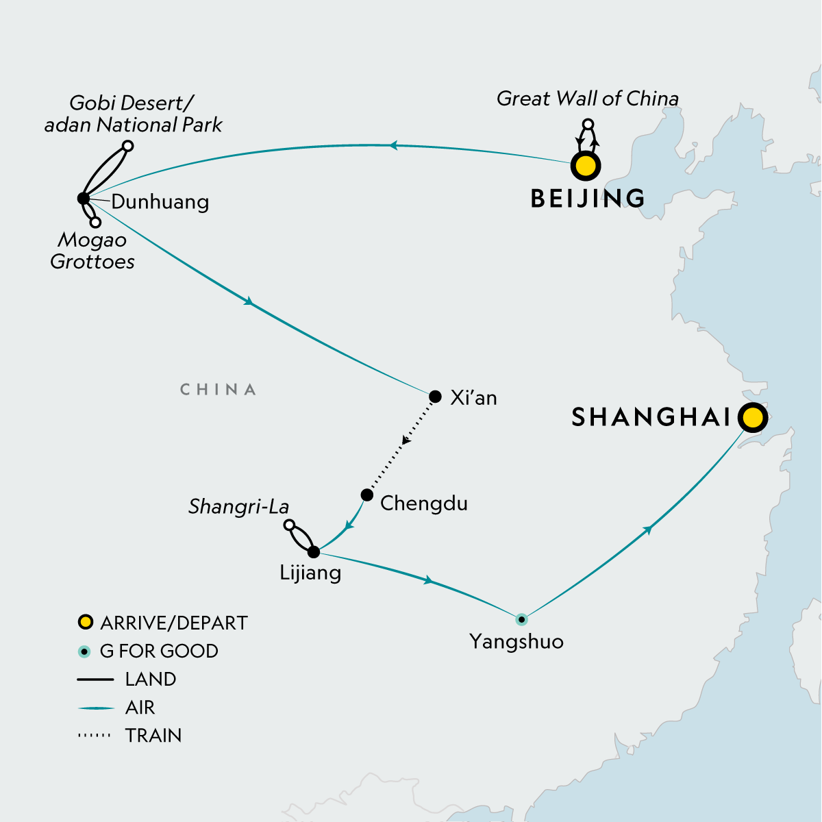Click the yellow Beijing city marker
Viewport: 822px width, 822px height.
tap(586, 166)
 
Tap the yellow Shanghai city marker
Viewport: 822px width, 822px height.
tap(752, 416)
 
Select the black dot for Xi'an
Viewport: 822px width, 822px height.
tap(435, 397)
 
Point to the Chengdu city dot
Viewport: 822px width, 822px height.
tap(367, 495)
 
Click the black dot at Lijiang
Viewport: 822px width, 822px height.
tap(314, 552)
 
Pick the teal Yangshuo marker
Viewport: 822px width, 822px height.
tap(521, 619)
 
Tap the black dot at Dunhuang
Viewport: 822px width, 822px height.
tap(84, 199)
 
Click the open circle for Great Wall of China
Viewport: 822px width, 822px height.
tap(587, 125)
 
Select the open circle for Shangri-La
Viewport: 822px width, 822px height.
tap(289, 525)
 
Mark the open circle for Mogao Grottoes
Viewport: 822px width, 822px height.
tap(96, 223)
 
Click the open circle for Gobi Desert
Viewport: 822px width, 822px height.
tap(127, 145)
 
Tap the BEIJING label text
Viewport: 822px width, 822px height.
tap(588, 199)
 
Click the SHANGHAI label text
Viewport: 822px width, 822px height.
tap(651, 416)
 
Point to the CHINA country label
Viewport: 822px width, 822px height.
tap(218, 390)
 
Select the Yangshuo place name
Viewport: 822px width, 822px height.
tap(516, 642)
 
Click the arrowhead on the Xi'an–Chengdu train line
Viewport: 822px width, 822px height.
tap(406, 440)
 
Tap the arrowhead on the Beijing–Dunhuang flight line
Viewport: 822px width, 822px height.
tap(393, 145)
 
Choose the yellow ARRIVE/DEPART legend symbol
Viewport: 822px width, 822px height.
tap(85, 623)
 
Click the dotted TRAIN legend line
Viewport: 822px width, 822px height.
tap(95, 736)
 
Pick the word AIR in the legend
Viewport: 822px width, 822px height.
tap(140, 708)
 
